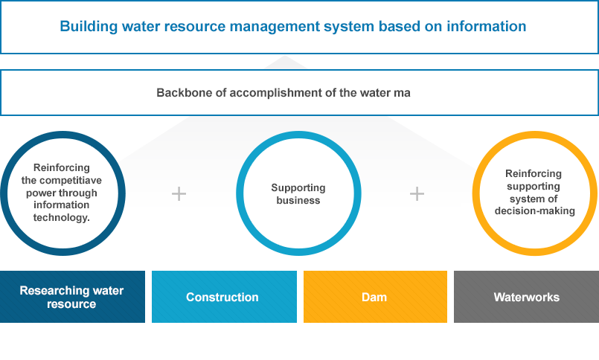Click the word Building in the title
pos(89,27)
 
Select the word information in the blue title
pos(487,26)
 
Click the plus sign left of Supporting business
pos(179,193)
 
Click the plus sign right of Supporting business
pos(417,193)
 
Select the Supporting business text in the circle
pos(298,194)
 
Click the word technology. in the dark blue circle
pos(62,218)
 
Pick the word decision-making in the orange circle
pos(535,211)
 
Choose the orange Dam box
pos(375,297)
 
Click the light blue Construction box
pos(224,297)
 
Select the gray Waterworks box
pos(526,297)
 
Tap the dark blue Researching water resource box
pos(73,297)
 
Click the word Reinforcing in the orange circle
pos(534,174)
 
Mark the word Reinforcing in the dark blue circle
pos(62,168)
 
